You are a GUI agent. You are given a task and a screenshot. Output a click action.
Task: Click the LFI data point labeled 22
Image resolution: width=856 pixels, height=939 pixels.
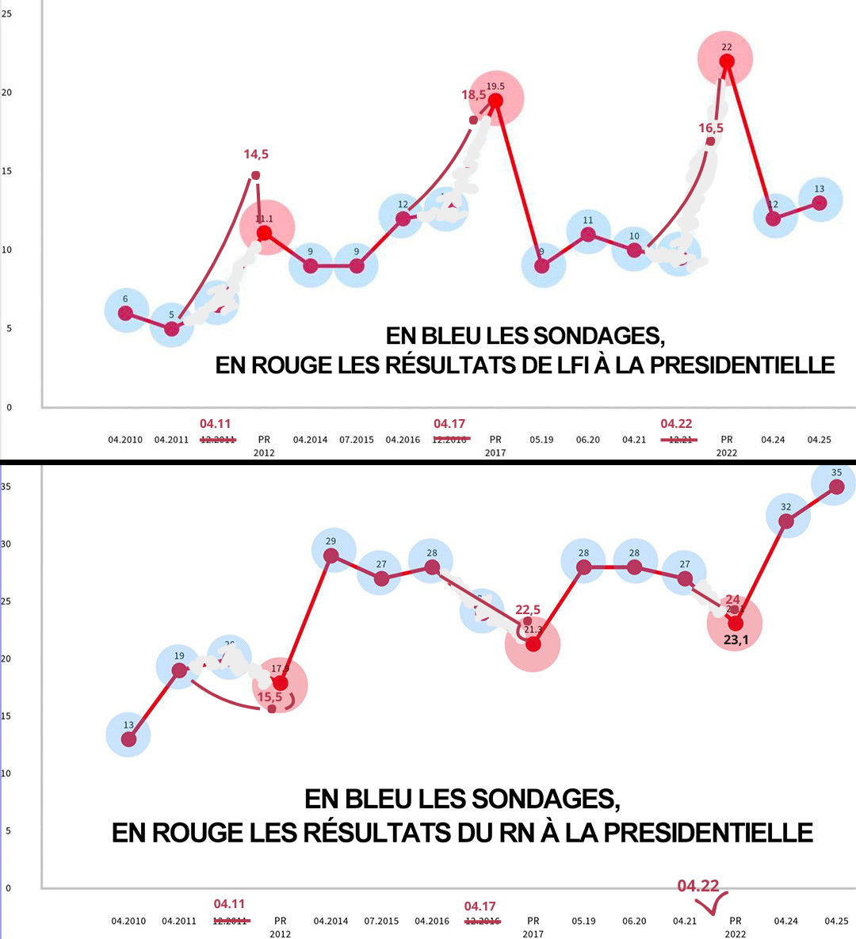pyautogui.click(x=727, y=61)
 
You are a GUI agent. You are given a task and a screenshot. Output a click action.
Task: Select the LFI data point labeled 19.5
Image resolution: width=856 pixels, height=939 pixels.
pyautogui.click(x=495, y=101)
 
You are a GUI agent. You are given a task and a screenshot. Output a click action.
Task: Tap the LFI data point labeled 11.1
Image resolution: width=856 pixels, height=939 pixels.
pyautogui.click(x=264, y=233)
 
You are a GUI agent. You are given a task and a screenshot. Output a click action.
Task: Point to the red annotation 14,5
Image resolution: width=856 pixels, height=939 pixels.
pyautogui.click(x=256, y=155)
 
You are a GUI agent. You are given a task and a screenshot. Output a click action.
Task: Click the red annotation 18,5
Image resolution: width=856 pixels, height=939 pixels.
pyautogui.click(x=473, y=95)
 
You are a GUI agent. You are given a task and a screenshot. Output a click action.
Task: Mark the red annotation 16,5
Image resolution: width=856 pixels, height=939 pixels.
pyautogui.click(x=711, y=128)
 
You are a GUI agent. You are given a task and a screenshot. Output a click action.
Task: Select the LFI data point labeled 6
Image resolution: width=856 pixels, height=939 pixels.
pyautogui.click(x=125, y=313)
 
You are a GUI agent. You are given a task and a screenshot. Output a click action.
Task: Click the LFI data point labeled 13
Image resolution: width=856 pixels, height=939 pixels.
pyautogui.click(x=820, y=203)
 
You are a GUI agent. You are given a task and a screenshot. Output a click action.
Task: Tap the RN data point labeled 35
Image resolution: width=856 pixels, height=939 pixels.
pyautogui.click(x=836, y=486)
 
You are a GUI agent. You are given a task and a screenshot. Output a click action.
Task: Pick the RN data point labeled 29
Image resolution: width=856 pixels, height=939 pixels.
pyautogui.click(x=331, y=555)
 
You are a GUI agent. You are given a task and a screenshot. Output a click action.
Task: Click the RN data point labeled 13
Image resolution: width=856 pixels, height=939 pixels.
pyautogui.click(x=128, y=739)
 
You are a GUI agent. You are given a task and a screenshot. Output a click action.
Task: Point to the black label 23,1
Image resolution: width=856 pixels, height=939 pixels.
pyautogui.click(x=736, y=640)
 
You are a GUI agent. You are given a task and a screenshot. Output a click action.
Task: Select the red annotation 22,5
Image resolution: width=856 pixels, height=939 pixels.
pyautogui.click(x=528, y=609)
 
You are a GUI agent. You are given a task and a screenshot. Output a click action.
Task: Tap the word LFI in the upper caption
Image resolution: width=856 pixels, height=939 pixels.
pyautogui.click(x=567, y=365)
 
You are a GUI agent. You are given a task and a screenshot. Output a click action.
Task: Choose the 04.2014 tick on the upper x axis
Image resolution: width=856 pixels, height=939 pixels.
pyautogui.click(x=310, y=440)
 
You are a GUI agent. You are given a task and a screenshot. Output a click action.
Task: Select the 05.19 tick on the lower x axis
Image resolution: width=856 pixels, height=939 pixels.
pyautogui.click(x=583, y=921)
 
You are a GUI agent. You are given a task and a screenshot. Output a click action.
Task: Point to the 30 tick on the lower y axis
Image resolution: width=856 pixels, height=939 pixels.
pyautogui.click(x=6, y=544)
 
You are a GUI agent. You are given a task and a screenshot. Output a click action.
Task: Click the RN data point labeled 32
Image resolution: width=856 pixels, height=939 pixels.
pyautogui.click(x=785, y=521)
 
